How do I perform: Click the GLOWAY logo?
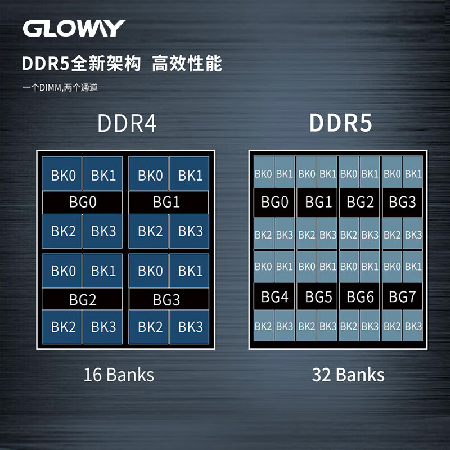pos(74,28)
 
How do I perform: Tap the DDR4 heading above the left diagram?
pos(127,123)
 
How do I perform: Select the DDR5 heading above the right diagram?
pos(341,123)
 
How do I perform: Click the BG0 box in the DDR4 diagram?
pos(82,202)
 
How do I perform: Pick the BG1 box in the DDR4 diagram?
pos(169,202)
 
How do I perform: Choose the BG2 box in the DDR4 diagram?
pos(82,299)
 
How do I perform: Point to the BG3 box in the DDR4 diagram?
pos(169,299)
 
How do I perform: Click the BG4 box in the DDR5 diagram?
pos(274,296)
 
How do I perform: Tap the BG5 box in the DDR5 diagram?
pos(317,296)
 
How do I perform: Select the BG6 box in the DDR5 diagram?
pos(359,296)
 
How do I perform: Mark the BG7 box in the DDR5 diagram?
pos(402,296)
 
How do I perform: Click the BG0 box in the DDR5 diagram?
pos(274,202)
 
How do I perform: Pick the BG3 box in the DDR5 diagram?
pos(402,202)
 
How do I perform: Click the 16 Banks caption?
pos(119,375)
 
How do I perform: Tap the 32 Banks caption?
pos(348,375)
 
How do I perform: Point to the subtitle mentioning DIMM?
pos(60,88)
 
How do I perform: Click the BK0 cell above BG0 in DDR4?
pos(62,173)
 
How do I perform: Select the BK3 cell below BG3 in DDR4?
pos(189,327)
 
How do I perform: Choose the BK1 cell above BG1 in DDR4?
pos(189,173)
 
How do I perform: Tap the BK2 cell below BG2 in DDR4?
pos(62,327)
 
